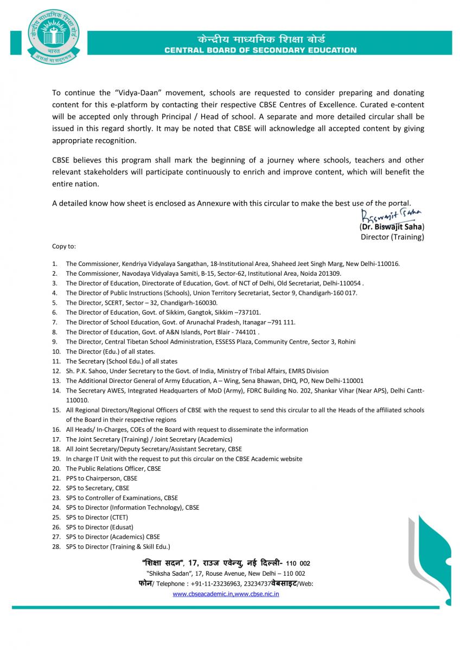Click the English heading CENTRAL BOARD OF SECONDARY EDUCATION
tap(260, 50)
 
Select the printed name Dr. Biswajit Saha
tap(392, 227)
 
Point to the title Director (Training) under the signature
tap(392, 237)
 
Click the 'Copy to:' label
tap(64, 246)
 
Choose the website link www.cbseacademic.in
tap(203, 594)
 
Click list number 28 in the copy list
tap(56, 547)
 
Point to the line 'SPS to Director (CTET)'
tap(97, 517)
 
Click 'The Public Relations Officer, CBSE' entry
tap(113, 469)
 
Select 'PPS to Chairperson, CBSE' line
tap(101, 478)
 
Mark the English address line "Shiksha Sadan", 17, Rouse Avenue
tap(225, 573)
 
